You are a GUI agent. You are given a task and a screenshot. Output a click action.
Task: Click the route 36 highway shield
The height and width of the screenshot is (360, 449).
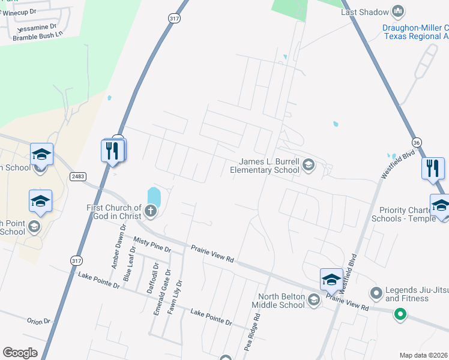click(x=417, y=142)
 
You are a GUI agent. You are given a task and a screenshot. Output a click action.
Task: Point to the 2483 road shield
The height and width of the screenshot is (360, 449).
click(x=77, y=176)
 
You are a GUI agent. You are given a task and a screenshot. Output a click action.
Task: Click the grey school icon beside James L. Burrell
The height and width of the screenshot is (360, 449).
click(x=309, y=165)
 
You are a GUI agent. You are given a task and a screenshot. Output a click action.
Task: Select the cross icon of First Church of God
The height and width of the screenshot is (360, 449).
click(x=150, y=211)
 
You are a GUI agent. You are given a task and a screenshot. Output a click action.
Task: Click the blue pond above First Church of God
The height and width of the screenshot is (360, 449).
click(x=154, y=196)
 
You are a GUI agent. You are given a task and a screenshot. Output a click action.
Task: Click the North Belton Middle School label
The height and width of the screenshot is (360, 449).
click(x=281, y=301)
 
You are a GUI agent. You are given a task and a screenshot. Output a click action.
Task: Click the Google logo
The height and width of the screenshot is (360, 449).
click(x=20, y=353)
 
